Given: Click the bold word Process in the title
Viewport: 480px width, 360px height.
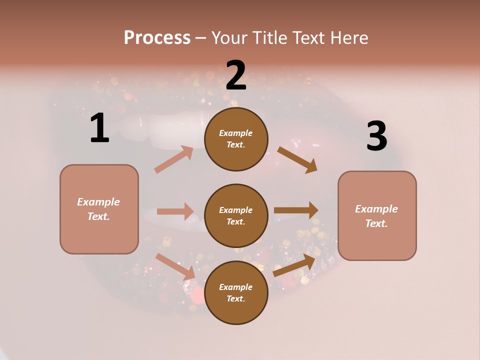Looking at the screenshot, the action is click(x=157, y=38).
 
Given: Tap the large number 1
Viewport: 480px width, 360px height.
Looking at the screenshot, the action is click(x=99, y=128).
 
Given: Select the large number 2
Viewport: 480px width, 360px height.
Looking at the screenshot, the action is click(x=236, y=76).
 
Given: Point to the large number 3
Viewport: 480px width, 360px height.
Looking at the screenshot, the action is click(x=376, y=136).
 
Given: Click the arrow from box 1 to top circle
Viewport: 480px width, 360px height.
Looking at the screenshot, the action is click(x=173, y=159).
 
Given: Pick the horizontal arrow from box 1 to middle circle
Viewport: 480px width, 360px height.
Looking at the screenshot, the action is click(x=175, y=211).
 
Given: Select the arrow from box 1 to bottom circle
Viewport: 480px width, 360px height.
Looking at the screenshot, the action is click(x=175, y=266).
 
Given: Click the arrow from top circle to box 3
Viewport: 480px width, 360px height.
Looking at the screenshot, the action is click(x=297, y=160).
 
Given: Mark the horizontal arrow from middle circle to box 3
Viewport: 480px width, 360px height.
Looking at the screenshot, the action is click(x=296, y=210).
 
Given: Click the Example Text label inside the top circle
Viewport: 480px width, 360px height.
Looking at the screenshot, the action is click(x=236, y=138).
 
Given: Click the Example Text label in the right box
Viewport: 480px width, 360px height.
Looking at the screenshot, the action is click(x=376, y=216).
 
